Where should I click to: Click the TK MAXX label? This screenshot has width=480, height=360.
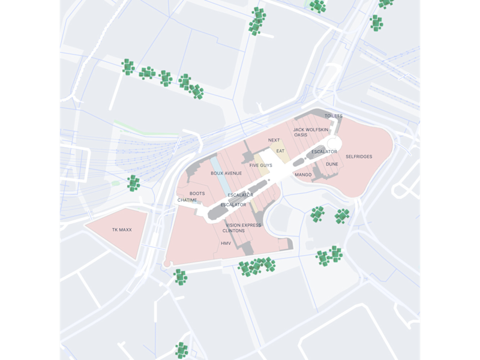click(122, 230)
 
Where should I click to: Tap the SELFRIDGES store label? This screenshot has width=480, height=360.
click(359, 157)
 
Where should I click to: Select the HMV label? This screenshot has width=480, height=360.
click(226, 244)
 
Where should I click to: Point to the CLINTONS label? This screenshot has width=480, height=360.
click(233, 231)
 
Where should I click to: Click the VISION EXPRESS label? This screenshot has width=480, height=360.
click(243, 226)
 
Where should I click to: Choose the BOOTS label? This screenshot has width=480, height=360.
click(197, 194)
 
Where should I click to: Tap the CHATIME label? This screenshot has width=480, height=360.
click(187, 200)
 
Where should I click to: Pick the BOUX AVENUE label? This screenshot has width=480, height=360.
click(226, 173)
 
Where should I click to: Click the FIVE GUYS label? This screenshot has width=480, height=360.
click(261, 166)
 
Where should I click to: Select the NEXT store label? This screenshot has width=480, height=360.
click(274, 140)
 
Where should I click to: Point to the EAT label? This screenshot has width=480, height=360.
click(280, 151)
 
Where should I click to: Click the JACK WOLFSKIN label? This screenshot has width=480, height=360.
click(311, 130)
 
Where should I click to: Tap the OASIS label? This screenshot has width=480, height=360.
click(301, 135)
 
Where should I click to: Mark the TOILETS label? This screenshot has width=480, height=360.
click(334, 116)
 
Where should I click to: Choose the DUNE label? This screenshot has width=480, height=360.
click(332, 164)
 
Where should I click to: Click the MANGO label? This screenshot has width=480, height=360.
click(303, 175)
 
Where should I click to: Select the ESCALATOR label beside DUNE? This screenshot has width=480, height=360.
click(324, 152)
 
